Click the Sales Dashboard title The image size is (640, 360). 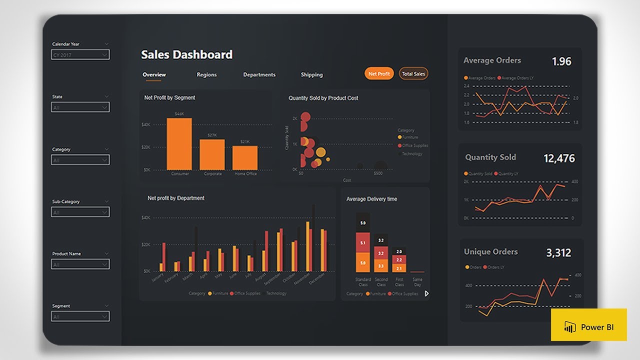(186, 54)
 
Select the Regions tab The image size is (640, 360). (206, 74)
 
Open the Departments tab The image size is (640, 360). (259, 74)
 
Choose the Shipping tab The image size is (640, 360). (311, 74)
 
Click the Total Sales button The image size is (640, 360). (413, 74)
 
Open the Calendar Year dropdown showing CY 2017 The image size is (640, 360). (80, 55)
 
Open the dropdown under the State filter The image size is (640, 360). (80, 107)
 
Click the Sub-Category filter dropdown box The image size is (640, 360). (80, 212)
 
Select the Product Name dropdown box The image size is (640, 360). (80, 264)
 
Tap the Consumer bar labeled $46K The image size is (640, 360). (179, 144)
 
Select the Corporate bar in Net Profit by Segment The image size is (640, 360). (212, 154)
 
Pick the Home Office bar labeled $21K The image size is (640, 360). (245, 157)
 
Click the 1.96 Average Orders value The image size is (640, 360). (561, 61)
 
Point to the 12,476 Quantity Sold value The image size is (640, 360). (559, 158)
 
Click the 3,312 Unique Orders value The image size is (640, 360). (558, 253)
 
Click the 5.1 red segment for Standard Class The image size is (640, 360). (363, 242)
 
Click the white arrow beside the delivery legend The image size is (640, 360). (426, 294)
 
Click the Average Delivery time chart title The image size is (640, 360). (371, 199)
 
